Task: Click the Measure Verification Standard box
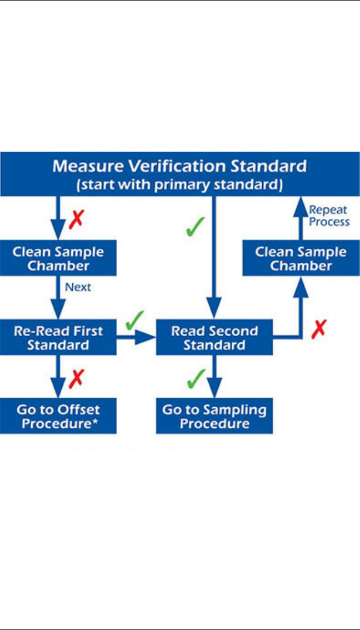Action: click(x=179, y=174)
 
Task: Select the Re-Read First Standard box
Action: click(x=58, y=337)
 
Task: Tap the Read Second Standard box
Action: click(x=214, y=337)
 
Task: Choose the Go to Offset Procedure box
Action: click(x=58, y=416)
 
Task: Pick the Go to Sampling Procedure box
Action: click(x=214, y=416)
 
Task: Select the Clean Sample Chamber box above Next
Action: click(x=58, y=258)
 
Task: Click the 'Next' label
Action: click(x=78, y=287)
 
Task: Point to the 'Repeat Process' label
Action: click(x=329, y=216)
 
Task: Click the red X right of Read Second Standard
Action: click(x=318, y=329)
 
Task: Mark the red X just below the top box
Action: click(x=77, y=220)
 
